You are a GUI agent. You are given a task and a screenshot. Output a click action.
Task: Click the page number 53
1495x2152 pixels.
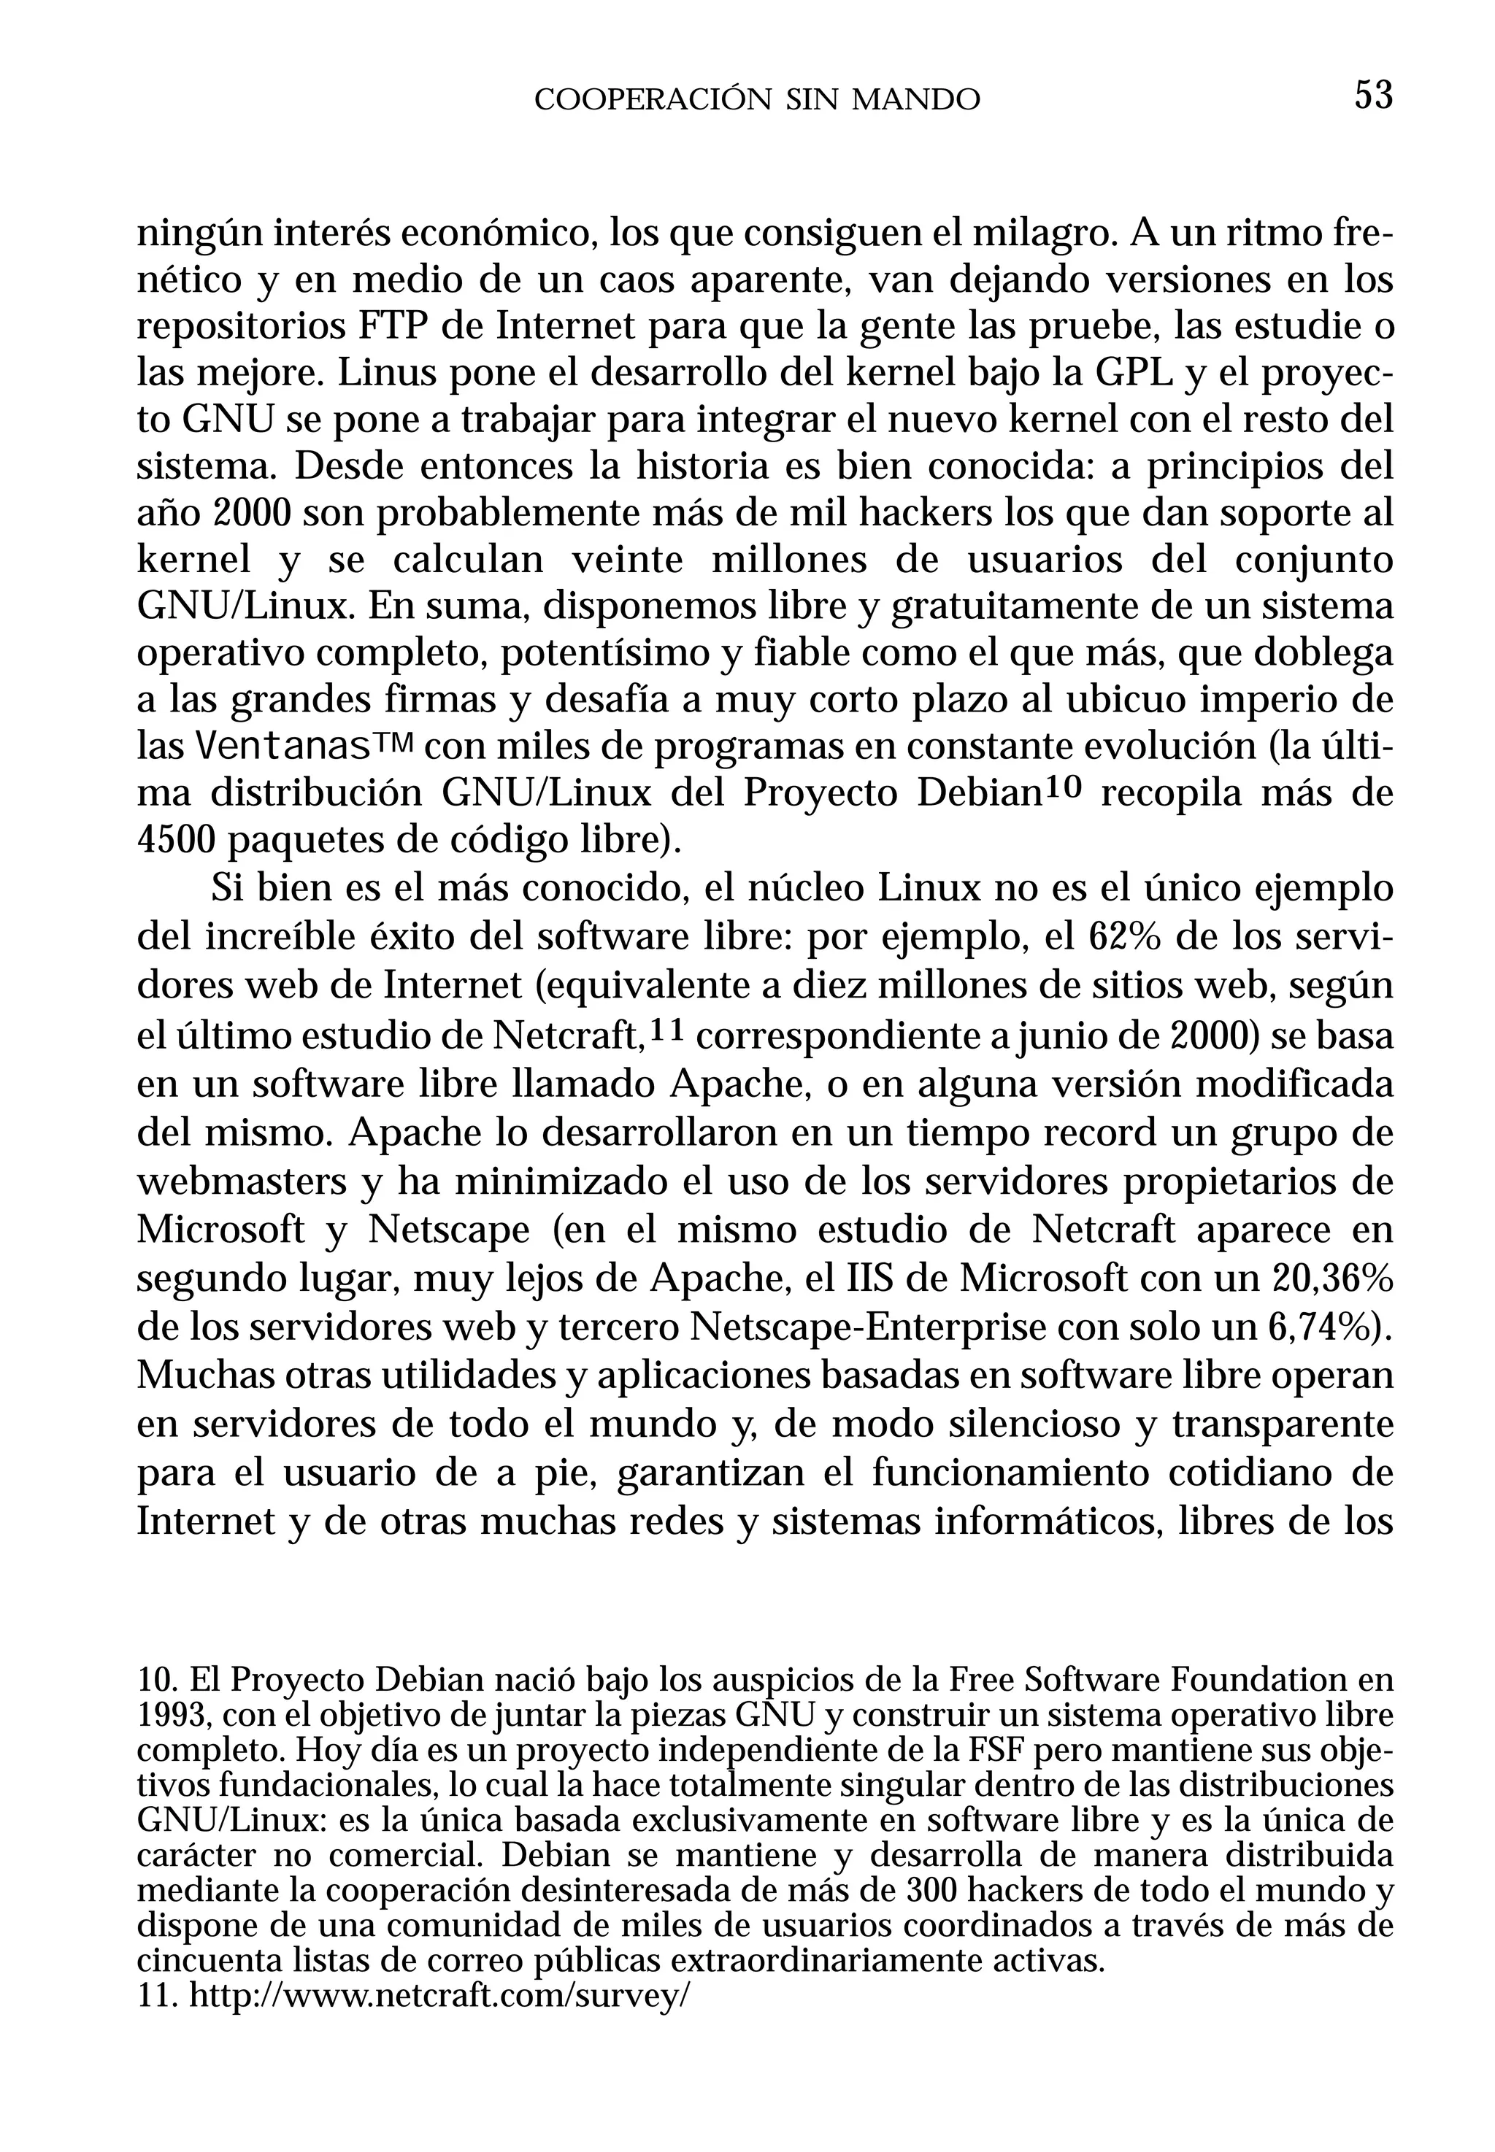[1373, 96]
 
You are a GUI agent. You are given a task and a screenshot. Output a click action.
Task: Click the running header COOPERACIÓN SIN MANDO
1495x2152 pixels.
[757, 99]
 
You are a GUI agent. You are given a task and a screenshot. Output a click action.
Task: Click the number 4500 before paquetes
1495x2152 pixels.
[177, 840]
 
